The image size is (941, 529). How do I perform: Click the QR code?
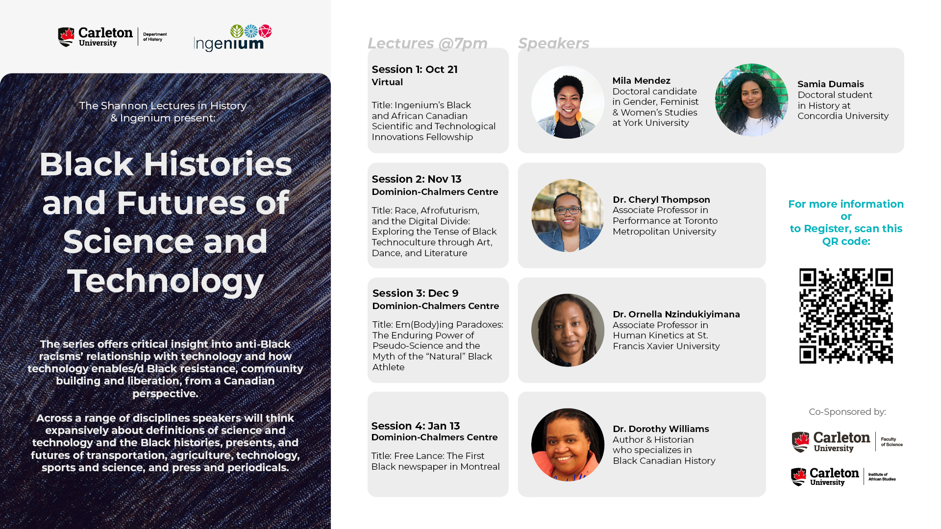846,316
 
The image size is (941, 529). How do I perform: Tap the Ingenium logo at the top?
233,38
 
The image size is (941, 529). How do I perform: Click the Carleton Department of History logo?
112,37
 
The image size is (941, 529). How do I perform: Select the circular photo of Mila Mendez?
568,102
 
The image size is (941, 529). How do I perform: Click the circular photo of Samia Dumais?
751,100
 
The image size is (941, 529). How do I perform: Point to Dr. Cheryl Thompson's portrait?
568,216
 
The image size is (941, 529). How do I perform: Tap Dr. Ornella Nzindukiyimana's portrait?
568,330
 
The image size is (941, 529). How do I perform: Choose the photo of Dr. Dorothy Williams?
568,445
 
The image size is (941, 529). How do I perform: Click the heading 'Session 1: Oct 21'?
415,70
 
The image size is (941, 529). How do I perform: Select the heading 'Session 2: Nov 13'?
417,179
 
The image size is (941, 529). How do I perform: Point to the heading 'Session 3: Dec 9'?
416,293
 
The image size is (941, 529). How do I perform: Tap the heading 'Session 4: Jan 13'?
416,426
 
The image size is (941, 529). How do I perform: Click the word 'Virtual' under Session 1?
387,82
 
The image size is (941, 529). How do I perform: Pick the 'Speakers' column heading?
554,44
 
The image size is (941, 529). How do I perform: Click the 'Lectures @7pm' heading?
427,44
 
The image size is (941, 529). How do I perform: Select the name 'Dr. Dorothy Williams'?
661,429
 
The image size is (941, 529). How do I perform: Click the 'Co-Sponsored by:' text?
847,412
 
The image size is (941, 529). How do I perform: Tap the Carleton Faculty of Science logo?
847,442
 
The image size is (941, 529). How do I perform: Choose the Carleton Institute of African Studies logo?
843,477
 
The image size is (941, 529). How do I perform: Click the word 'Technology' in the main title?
166,281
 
